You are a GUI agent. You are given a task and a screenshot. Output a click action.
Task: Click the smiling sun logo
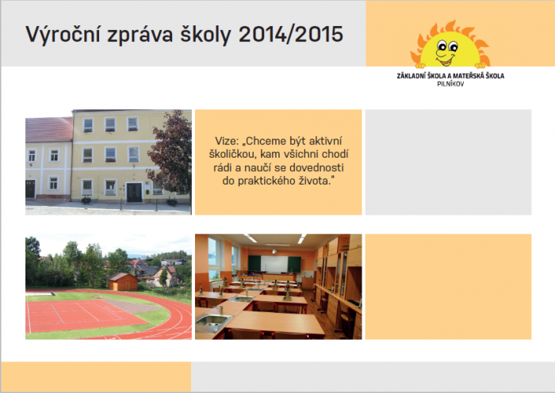tap(450, 44)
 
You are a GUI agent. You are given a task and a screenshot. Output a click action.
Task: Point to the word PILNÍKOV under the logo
tap(450, 84)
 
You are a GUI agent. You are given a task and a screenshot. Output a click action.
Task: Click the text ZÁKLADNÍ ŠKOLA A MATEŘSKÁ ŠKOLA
tap(450, 76)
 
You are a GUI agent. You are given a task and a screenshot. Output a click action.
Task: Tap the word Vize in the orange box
tap(225, 141)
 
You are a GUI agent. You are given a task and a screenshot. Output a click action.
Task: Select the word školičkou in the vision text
tap(231, 155)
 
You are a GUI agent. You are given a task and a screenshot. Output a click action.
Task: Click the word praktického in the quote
tap(267, 181)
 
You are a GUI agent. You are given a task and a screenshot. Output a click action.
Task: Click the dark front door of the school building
tap(134, 193)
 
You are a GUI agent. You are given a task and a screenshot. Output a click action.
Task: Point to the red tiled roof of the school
tap(49, 129)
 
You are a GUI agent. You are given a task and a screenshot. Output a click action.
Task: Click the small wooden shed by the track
tap(123, 282)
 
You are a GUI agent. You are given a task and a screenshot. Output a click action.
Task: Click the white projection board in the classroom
tap(274, 264)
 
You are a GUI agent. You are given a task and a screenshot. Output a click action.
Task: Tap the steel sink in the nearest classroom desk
tap(213, 321)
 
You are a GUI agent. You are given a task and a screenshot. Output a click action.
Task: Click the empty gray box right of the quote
tap(448, 162)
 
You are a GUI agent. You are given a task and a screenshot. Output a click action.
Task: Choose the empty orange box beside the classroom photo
tap(448, 287)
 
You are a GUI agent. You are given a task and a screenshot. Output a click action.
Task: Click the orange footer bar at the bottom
tap(96, 376)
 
